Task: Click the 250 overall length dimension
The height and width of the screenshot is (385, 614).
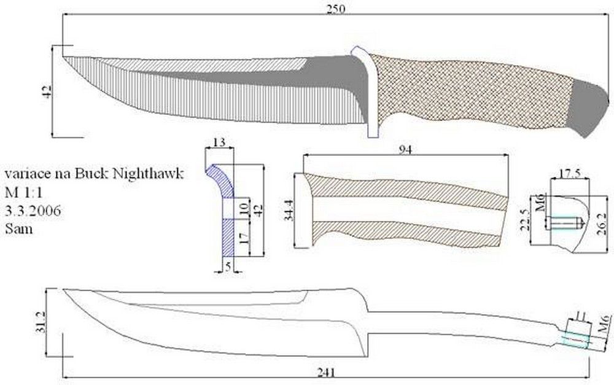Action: pos(336,9)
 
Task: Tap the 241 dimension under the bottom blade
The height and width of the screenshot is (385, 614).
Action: pos(326,373)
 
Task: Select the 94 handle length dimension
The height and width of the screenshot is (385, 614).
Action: pos(405,150)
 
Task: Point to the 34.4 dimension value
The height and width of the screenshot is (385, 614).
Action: pos(289,211)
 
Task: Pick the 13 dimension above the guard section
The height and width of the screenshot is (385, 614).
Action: pos(219,142)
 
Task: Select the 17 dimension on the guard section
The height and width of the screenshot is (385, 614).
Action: pos(244,238)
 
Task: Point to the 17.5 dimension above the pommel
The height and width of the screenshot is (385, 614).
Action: pos(569,174)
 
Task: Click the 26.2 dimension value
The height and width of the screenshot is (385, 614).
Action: pos(602,224)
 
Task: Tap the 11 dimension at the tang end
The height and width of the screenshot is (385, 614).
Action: pos(581,315)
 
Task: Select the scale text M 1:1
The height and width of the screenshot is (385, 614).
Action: pos(24,192)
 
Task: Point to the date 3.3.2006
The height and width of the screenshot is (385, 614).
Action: pos(33,211)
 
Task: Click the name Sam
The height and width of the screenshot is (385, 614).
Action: pos(19,229)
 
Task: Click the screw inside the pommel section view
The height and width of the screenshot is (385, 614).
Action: pos(566,224)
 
